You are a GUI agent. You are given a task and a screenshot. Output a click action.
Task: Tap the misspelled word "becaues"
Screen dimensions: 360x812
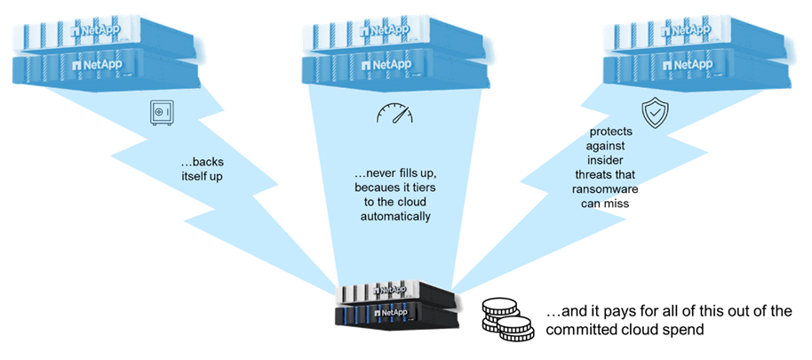tap(370, 188)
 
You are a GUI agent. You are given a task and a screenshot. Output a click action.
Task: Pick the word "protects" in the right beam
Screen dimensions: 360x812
tap(609, 132)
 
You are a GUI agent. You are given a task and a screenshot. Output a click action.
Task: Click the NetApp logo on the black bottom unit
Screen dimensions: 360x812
tap(392, 313)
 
